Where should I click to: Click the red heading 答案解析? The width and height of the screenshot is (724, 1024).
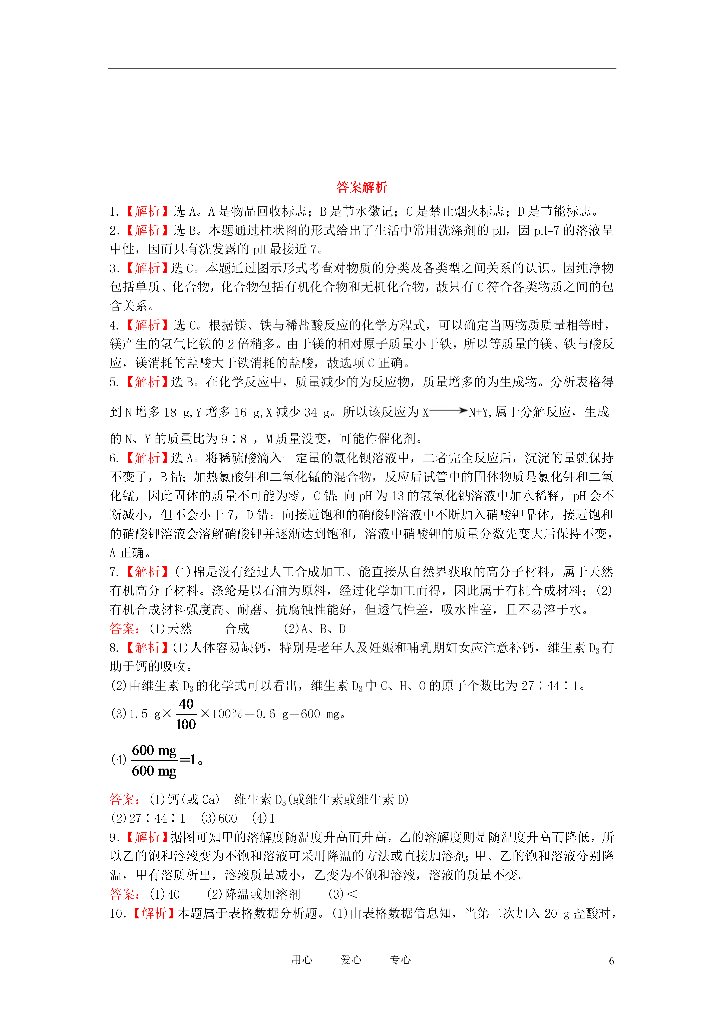pos(362,187)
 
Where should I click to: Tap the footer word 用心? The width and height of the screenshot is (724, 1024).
pos(301,960)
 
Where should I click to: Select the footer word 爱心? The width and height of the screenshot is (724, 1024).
pos(351,960)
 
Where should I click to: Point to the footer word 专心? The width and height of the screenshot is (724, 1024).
pos(400,960)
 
